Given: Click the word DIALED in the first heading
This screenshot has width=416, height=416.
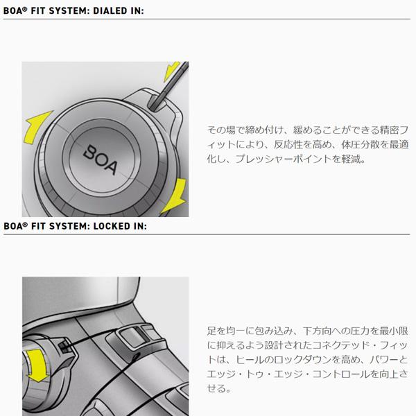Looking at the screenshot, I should [x=111, y=9].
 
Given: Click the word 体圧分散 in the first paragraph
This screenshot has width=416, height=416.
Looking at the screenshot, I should [x=356, y=144].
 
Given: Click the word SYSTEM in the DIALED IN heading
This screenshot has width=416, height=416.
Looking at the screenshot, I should [x=67, y=9].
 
